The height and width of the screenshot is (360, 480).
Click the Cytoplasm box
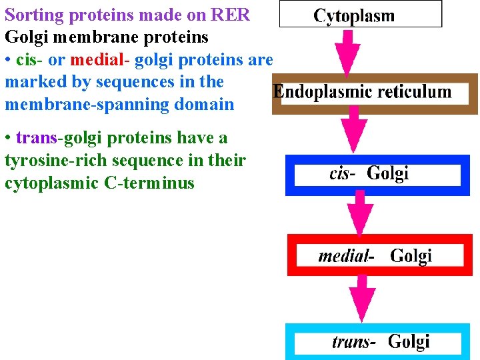[360, 14]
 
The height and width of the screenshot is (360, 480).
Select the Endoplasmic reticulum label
[362, 92]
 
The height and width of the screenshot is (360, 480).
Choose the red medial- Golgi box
[379, 255]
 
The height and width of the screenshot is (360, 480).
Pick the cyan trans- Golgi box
[382, 342]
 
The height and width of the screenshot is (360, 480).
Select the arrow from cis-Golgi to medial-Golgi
[361, 213]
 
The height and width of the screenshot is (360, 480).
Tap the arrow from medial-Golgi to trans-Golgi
[362, 297]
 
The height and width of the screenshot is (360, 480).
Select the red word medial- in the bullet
[99, 60]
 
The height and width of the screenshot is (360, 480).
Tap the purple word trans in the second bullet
[37, 138]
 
